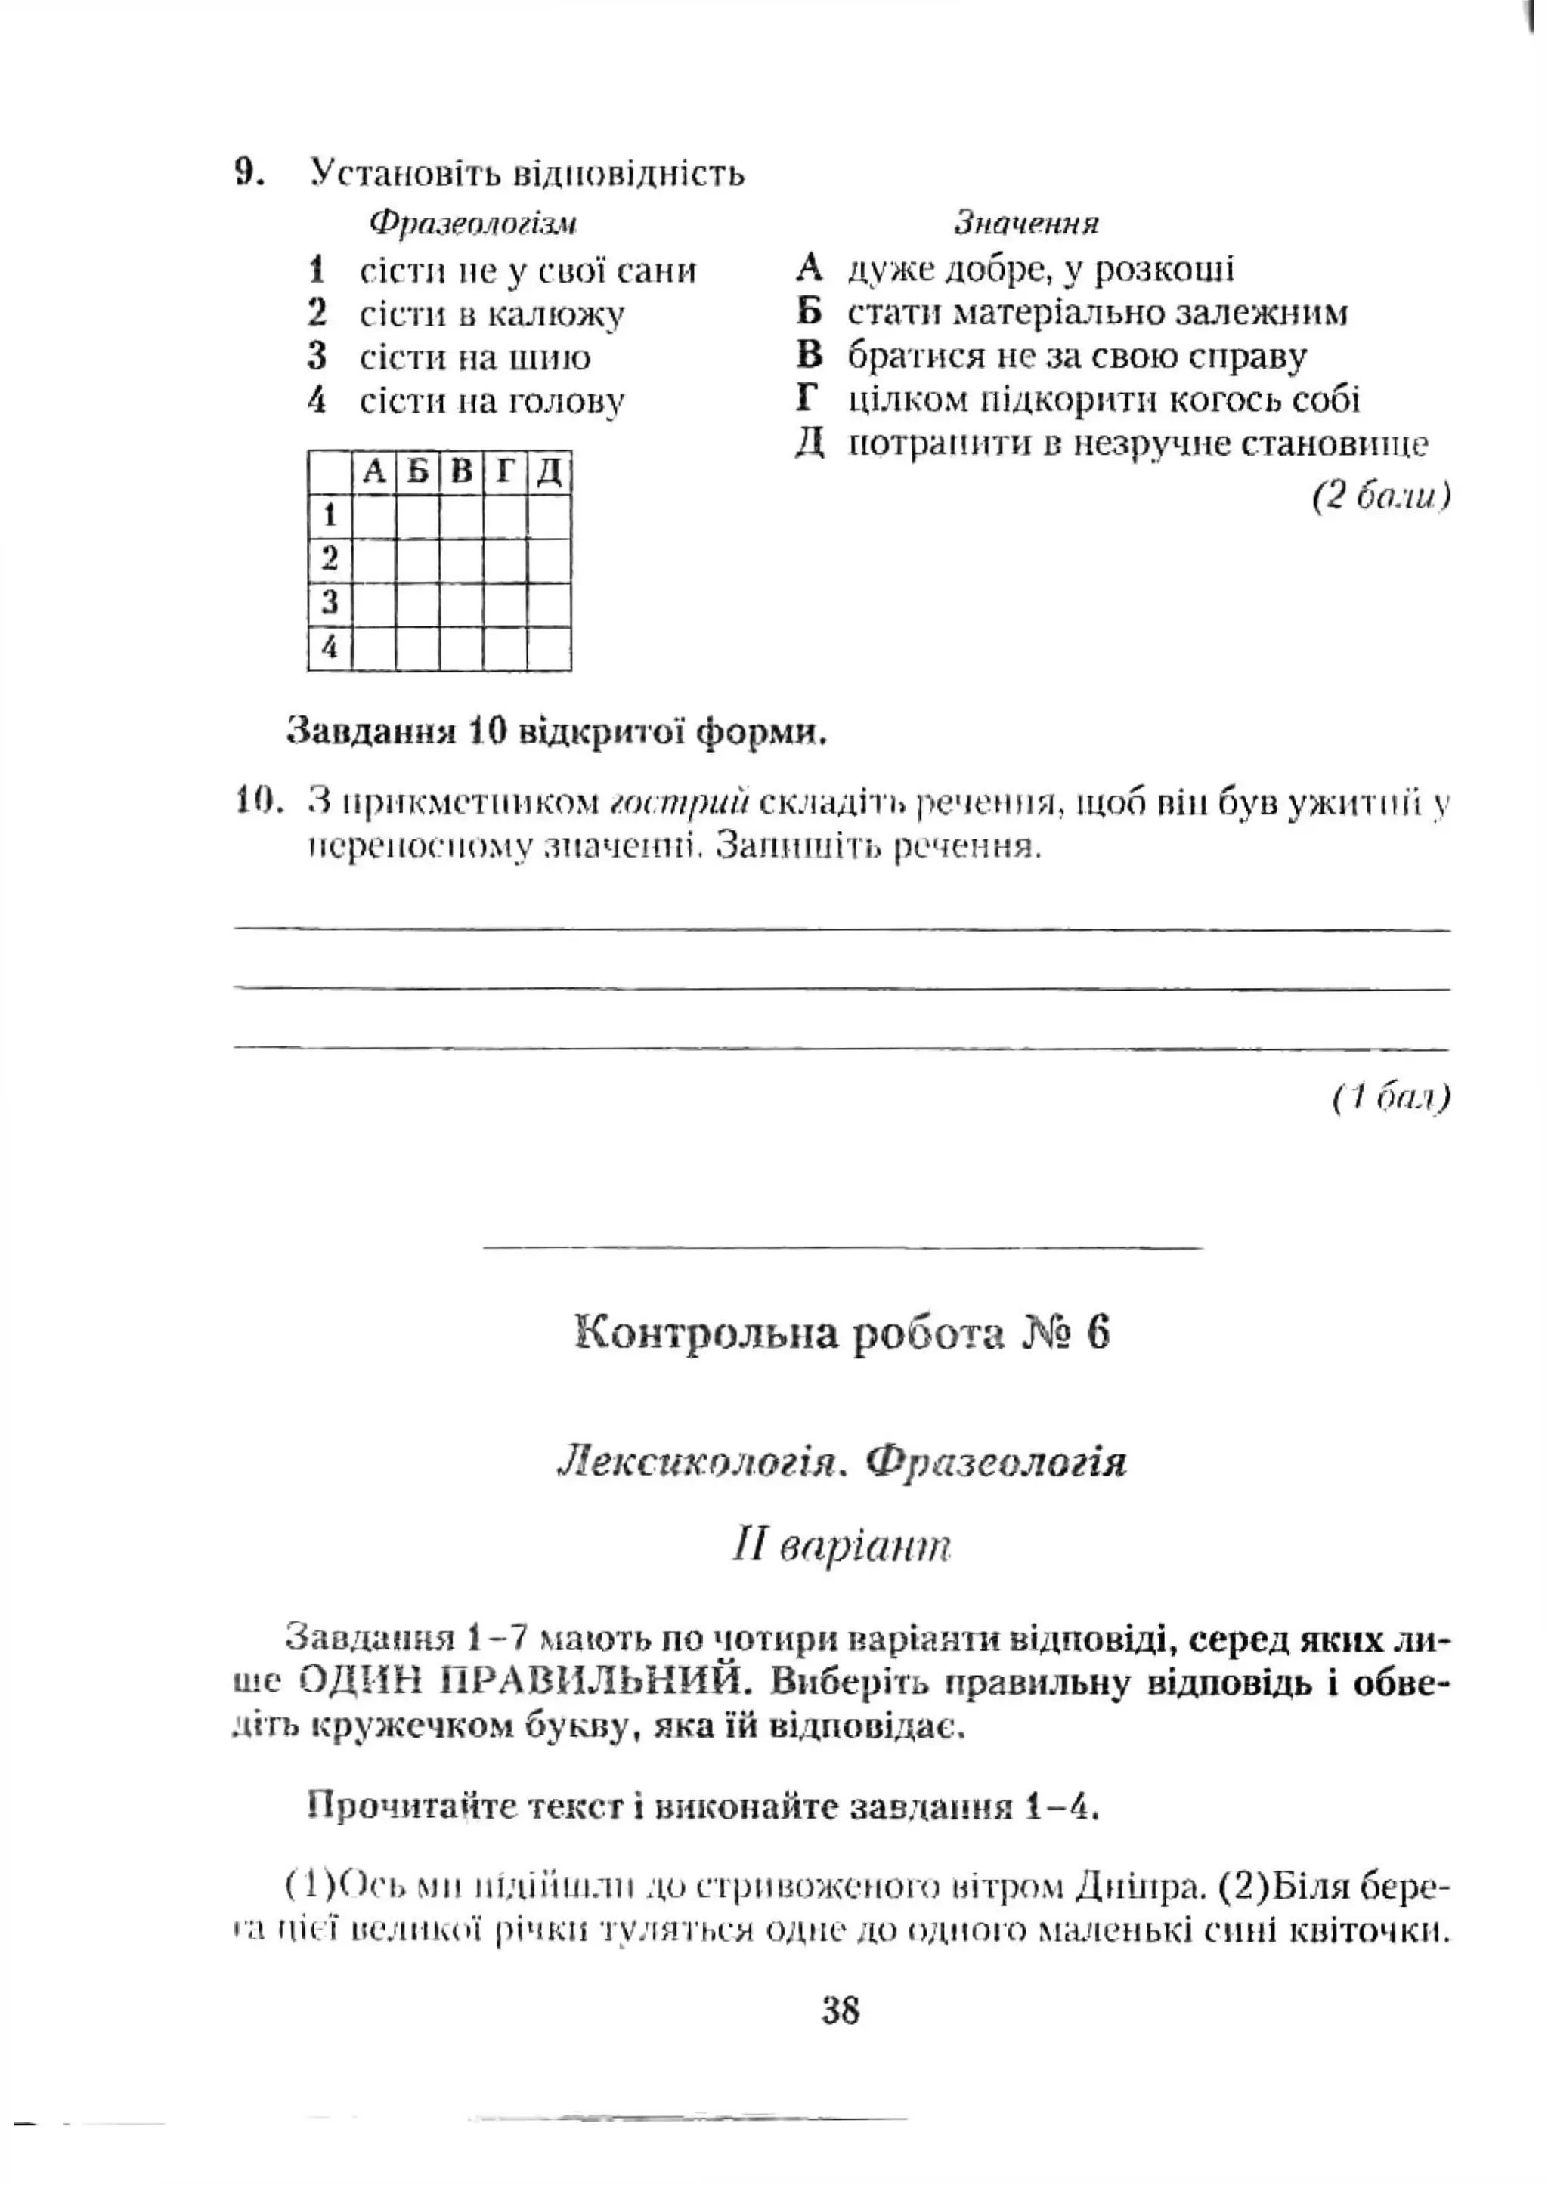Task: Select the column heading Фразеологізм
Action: click(472, 223)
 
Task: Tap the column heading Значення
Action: click(1026, 223)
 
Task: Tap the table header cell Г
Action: click(504, 471)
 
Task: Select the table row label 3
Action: click(330, 603)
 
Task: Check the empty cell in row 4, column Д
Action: click(549, 648)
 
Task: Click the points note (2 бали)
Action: click(1381, 496)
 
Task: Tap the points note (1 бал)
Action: click(1392, 1098)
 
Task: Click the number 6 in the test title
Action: click(1098, 1332)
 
